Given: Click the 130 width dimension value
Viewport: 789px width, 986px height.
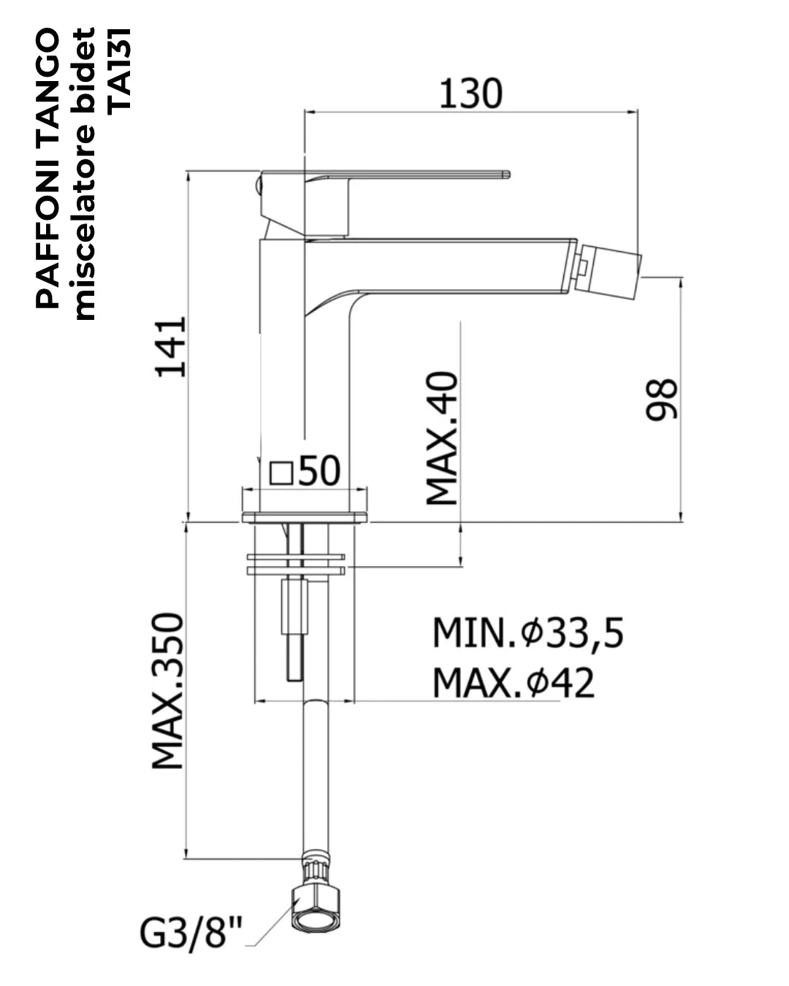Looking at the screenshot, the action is (x=470, y=94).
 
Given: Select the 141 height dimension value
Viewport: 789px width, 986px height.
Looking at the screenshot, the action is (x=170, y=347).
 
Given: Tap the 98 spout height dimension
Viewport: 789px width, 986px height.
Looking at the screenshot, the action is (x=660, y=399).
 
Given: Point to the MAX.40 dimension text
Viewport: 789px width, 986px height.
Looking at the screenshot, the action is (x=441, y=438).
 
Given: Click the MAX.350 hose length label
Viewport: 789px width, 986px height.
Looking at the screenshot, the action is (x=167, y=690).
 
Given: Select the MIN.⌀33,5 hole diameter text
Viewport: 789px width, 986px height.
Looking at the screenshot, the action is (x=527, y=633).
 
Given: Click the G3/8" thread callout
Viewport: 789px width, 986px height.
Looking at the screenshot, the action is (x=190, y=932).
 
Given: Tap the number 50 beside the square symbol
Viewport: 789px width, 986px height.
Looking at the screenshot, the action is (x=319, y=470).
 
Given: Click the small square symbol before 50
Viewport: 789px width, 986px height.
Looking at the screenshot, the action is (x=281, y=473).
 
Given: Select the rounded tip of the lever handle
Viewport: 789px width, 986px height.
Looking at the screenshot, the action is (x=506, y=174).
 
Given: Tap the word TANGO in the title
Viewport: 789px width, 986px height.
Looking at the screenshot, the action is (x=47, y=84).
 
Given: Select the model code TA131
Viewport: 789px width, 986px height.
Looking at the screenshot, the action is (x=119, y=69).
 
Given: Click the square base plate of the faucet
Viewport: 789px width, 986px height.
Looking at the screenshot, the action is (x=305, y=518).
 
